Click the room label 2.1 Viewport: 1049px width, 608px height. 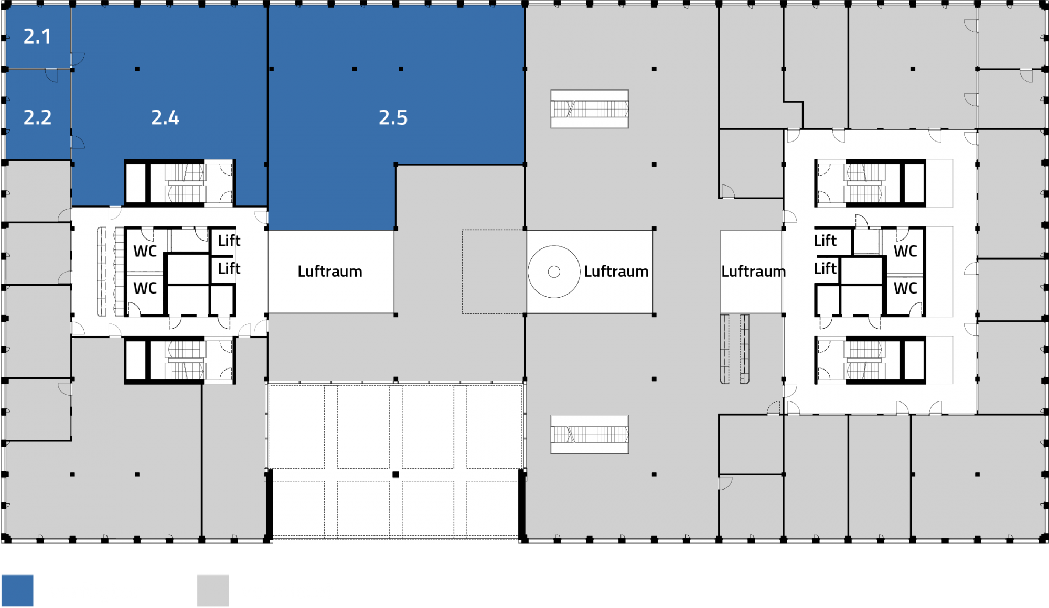coord(37,37)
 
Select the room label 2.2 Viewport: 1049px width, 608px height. coord(37,118)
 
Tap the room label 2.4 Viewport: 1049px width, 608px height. coord(165,118)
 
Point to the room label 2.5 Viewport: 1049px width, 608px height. coord(393,118)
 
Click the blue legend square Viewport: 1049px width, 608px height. coord(17,591)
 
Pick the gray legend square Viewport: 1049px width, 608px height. coord(213,591)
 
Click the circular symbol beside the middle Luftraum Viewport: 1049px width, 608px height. coord(554,272)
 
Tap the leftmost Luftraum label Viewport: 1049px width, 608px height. coord(330,272)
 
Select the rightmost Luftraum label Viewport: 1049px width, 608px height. coord(753,272)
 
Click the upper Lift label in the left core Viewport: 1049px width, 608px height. coord(229,241)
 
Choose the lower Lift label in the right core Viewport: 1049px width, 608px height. coord(825,269)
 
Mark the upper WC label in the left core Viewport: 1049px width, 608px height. coord(145,252)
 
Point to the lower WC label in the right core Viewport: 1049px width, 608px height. coord(905,288)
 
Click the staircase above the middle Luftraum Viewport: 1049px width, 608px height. coord(590,109)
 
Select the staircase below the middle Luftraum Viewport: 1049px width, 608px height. coord(590,435)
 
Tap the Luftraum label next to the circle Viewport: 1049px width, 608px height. coord(616,272)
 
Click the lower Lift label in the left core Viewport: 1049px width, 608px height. coord(229,269)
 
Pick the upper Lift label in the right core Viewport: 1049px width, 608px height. coord(825,241)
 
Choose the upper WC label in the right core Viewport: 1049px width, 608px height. coord(905,252)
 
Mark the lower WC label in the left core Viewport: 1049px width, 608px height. coord(145,288)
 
